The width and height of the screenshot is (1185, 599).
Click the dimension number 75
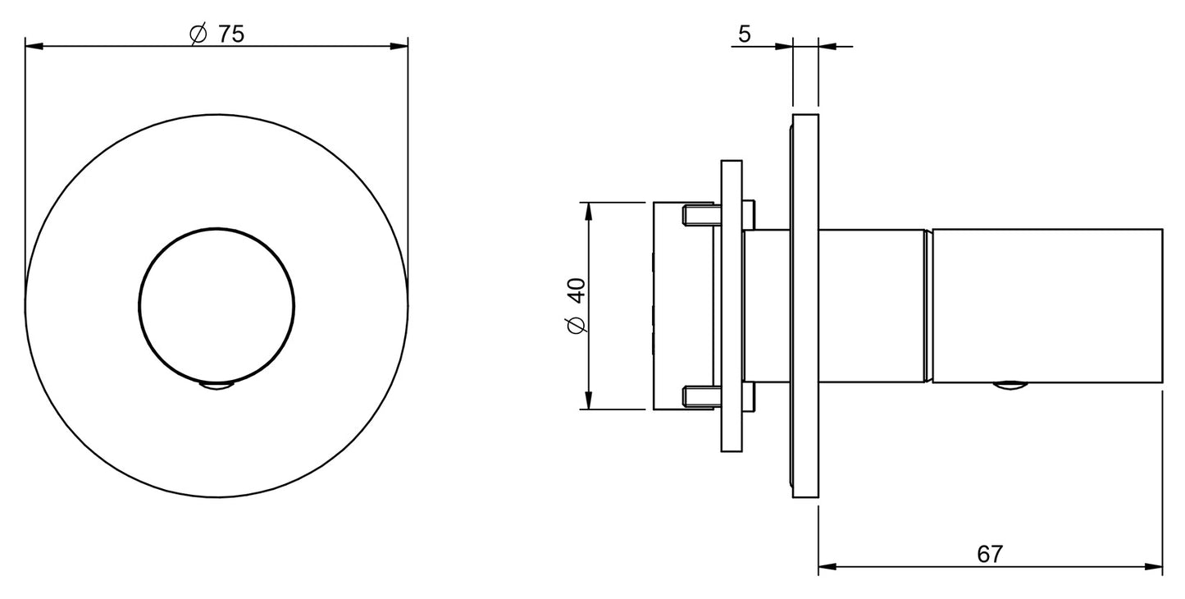point(231,34)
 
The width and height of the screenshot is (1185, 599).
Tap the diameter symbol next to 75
point(198,34)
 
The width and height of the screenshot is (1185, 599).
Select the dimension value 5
point(745,34)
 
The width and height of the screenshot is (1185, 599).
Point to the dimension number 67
point(990,554)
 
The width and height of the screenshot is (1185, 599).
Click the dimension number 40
point(577,290)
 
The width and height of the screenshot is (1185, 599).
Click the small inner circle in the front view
point(216,306)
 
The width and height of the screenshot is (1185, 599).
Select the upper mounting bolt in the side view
point(701,215)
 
